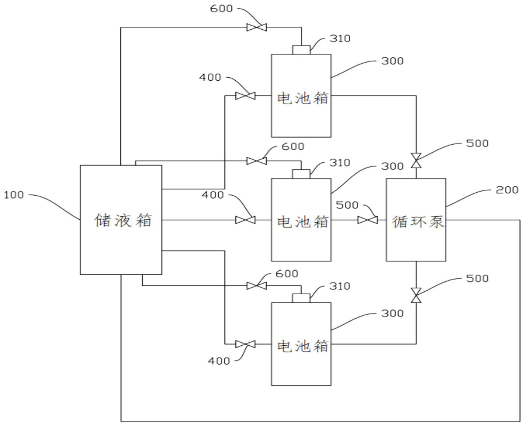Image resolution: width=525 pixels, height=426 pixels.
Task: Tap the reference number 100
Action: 14,195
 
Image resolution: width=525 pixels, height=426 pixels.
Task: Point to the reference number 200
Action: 507,190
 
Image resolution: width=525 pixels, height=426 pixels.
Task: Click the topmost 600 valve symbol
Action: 257,28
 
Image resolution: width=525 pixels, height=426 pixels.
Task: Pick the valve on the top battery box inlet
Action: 245,96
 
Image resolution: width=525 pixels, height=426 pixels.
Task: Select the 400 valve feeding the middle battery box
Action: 245,220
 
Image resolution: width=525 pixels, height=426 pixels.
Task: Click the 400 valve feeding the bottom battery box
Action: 245,344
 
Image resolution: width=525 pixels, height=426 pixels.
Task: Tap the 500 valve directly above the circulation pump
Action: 416,160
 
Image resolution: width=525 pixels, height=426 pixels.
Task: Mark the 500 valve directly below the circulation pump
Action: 416,295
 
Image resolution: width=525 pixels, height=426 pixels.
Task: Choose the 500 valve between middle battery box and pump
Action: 368,220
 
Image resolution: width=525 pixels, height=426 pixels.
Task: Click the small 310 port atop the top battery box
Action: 301,50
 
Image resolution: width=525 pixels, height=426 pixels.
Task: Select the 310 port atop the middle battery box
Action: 301,174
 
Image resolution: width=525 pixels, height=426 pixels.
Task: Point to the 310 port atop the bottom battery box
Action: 301,298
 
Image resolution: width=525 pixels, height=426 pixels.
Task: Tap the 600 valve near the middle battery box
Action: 257,161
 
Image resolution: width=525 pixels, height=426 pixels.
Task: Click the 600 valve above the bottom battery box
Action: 257,285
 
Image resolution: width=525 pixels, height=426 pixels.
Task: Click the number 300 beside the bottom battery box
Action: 392,313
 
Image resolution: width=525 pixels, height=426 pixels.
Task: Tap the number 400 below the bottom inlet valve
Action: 219,361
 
